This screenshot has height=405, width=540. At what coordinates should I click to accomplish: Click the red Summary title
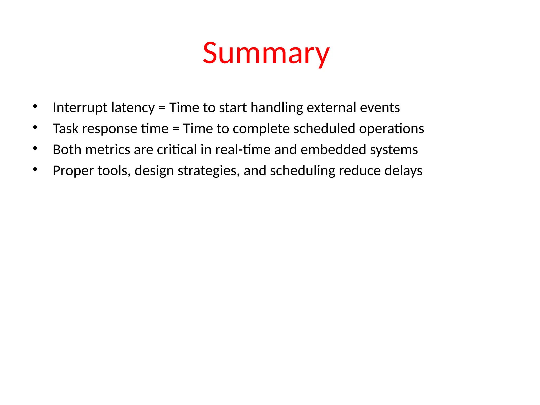click(266, 54)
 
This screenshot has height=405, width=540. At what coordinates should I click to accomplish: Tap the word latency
click(133, 108)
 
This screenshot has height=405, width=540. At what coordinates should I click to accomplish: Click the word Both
click(67, 150)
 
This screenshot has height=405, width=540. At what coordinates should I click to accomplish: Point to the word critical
click(177, 150)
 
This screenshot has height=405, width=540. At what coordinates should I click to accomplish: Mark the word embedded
click(333, 150)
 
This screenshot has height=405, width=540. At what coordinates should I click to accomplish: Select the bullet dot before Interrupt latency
click(35, 107)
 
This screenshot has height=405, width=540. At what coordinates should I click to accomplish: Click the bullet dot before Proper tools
click(35, 170)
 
